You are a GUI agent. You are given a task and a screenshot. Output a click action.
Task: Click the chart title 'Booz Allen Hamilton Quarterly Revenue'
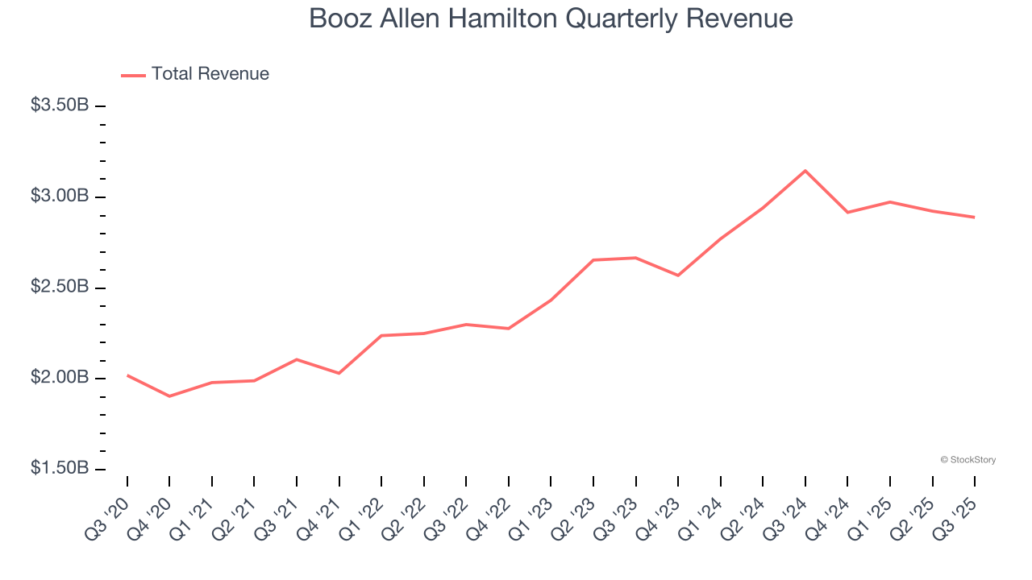point(551,19)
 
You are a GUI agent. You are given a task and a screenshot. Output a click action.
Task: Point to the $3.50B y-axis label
point(60,105)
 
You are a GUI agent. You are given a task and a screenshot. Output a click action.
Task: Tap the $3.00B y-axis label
point(60,196)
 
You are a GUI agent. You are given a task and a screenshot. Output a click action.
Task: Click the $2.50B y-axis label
point(60,287)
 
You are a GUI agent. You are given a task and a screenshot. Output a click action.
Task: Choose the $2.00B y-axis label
point(60,378)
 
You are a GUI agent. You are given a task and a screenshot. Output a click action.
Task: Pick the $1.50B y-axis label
point(60,468)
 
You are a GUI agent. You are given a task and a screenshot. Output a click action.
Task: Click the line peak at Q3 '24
point(805,171)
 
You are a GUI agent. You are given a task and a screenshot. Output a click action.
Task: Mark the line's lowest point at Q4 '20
point(169,396)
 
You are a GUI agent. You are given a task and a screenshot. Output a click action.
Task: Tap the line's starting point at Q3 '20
point(127,375)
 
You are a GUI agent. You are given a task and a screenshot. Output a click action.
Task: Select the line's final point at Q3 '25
point(974,217)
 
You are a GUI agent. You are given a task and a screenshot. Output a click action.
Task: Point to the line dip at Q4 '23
point(678,275)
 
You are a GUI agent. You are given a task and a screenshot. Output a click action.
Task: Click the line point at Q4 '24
point(847,213)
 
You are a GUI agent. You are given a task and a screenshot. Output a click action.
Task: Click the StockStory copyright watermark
point(967,460)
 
